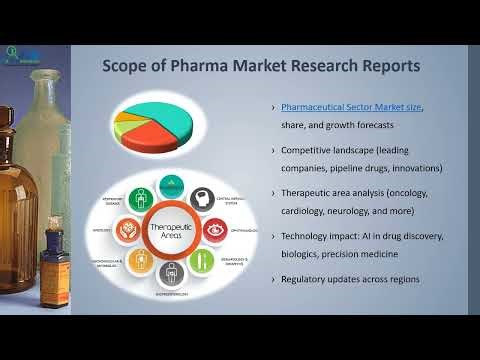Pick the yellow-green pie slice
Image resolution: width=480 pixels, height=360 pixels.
coord(129,117)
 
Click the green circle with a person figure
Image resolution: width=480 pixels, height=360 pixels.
coord(201,263)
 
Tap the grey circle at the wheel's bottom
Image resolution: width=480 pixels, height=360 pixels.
coord(169,279)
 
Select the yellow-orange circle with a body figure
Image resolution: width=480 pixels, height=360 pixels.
coord(138,263)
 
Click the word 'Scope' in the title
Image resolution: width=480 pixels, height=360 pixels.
coord(129,67)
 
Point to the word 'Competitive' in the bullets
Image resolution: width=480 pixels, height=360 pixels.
coord(311,149)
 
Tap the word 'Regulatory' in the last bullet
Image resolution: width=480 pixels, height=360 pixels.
coord(309,279)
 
